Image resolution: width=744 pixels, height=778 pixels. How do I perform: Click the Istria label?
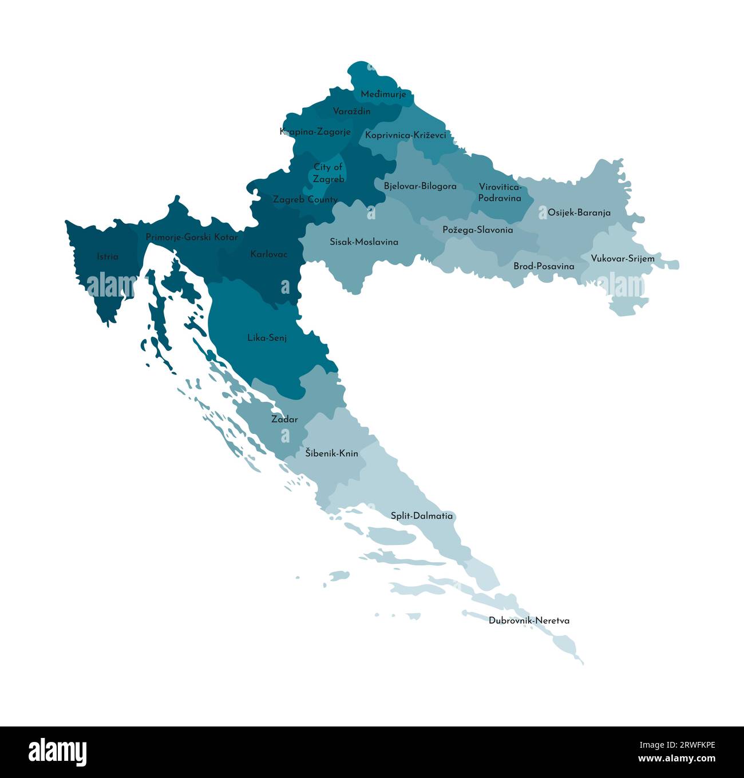click(x=108, y=256)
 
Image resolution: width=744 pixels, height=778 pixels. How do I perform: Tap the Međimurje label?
click(x=383, y=94)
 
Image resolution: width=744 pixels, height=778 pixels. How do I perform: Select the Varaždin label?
click(x=351, y=111)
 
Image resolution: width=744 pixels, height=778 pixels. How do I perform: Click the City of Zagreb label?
click(x=329, y=173)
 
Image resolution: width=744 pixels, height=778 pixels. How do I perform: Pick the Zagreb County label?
click(x=305, y=200)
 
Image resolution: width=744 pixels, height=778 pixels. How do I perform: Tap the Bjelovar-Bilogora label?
click(x=420, y=186)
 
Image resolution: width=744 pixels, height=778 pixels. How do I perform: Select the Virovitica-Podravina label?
click(x=500, y=192)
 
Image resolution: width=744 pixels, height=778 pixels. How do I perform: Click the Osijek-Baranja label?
click(x=579, y=212)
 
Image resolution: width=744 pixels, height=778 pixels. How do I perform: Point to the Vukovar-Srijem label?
click(x=622, y=259)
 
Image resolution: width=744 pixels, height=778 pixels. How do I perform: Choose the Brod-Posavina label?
click(x=544, y=266)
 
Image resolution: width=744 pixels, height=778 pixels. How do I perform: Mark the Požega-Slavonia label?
click(x=477, y=230)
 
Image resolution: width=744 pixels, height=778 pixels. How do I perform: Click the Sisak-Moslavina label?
click(x=363, y=242)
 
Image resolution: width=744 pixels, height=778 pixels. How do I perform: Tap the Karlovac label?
click(x=269, y=254)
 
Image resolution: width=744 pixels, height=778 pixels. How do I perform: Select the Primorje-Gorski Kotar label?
click(x=191, y=236)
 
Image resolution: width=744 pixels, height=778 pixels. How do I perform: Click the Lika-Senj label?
click(x=267, y=338)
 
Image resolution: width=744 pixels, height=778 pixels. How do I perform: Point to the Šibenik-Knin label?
click(x=331, y=453)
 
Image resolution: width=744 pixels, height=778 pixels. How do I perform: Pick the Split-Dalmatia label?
click(x=421, y=516)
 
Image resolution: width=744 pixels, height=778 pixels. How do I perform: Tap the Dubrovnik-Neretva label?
click(x=529, y=621)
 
